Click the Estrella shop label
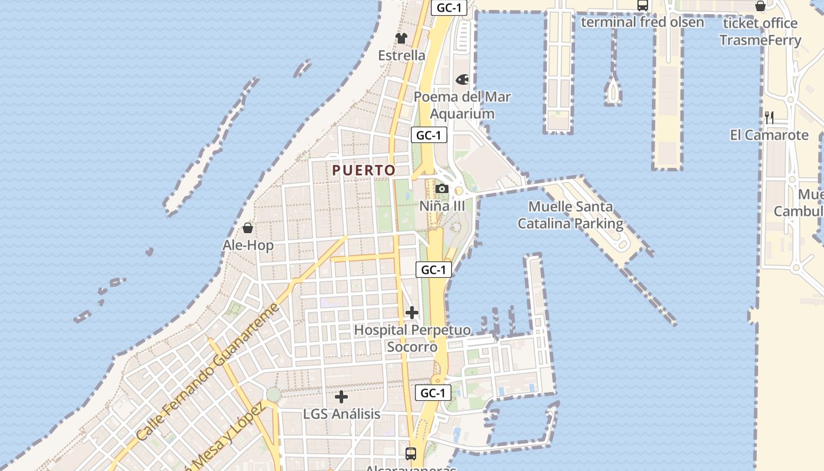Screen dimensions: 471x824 pyautogui.click(x=401, y=55)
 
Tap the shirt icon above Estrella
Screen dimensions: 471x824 pyautogui.click(x=401, y=38)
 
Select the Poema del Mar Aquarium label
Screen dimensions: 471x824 pyautogui.click(x=462, y=105)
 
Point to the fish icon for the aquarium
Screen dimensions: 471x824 pyautogui.click(x=463, y=79)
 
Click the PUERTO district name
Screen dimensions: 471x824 pyautogui.click(x=364, y=170)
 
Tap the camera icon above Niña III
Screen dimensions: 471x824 pyautogui.click(x=442, y=189)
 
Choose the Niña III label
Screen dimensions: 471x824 pyautogui.click(x=442, y=206)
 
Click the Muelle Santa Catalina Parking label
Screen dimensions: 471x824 pyautogui.click(x=570, y=215)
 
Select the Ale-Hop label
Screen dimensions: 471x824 pyautogui.click(x=248, y=245)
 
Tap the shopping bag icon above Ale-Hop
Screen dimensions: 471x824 pyautogui.click(x=248, y=228)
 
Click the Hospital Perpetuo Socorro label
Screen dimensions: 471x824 pyautogui.click(x=412, y=338)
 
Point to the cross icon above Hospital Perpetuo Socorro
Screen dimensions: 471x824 pyautogui.click(x=412, y=312)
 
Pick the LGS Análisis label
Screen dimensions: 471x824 pyautogui.click(x=341, y=414)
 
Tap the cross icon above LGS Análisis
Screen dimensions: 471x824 pyautogui.click(x=341, y=397)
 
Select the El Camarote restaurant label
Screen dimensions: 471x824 pyautogui.click(x=769, y=135)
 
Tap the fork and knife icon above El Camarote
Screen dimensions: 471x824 pyautogui.click(x=769, y=117)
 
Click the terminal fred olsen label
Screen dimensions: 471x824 pyautogui.click(x=642, y=22)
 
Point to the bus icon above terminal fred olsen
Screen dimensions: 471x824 pyautogui.click(x=642, y=6)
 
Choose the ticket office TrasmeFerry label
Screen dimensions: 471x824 pyautogui.click(x=760, y=32)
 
